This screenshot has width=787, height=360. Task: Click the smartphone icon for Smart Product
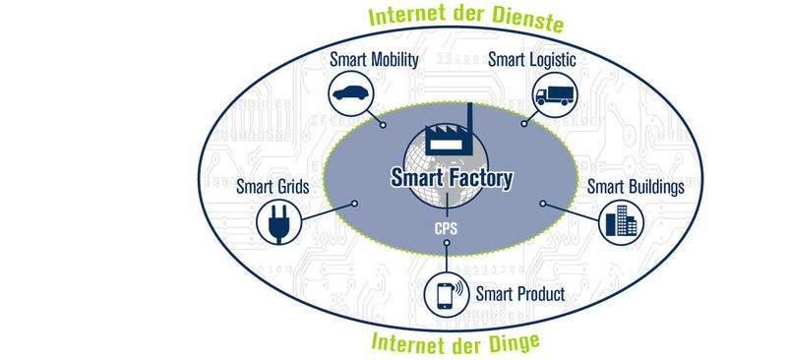(x=445, y=294)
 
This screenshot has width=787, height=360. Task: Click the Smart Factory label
(x=452, y=179)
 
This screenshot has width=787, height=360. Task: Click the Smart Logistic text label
(x=532, y=59)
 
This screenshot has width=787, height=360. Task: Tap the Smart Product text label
(x=519, y=293)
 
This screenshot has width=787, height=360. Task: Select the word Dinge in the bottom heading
(x=517, y=342)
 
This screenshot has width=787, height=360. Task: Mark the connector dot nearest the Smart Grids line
(x=353, y=205)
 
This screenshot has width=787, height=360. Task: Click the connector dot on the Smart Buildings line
(x=543, y=204)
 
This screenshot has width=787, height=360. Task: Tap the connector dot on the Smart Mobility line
(x=383, y=125)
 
